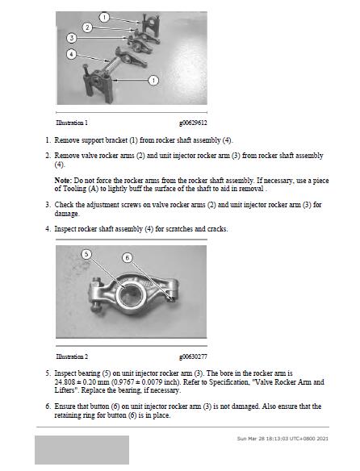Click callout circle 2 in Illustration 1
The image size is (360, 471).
(x=87, y=27)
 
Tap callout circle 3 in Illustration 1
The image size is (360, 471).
(x=72, y=38)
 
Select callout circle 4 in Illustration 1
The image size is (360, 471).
(x=71, y=54)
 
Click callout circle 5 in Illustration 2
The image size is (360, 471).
(x=86, y=254)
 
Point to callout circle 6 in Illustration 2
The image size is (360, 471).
(x=128, y=258)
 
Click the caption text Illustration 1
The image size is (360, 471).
(x=72, y=123)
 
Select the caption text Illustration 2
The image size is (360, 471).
(x=72, y=356)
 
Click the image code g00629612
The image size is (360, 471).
(x=193, y=123)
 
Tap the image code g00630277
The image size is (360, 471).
(x=193, y=357)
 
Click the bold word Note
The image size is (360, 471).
(x=62, y=181)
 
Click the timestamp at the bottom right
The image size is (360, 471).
(x=283, y=439)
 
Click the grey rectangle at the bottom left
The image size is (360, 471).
(x=82, y=450)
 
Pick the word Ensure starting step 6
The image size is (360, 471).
(x=65, y=406)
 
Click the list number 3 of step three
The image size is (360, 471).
(x=48, y=205)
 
